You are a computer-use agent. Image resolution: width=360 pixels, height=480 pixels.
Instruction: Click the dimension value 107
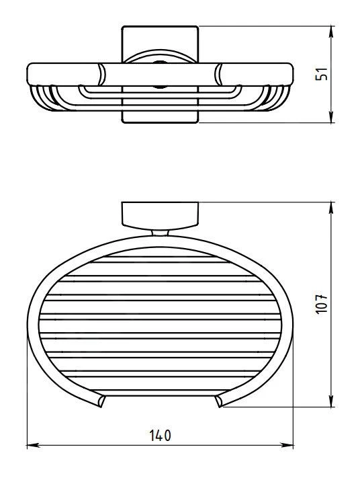[x=322, y=304]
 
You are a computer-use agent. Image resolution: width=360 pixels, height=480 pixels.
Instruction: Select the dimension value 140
[x=161, y=436]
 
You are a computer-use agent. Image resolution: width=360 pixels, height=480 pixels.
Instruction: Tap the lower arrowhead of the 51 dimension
[x=331, y=117]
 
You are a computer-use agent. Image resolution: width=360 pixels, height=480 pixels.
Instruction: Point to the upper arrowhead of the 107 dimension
[x=331, y=208]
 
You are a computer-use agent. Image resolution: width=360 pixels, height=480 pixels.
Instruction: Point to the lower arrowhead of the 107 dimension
[x=331, y=401]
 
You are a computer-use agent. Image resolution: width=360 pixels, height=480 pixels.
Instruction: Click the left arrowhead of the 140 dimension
[x=34, y=445]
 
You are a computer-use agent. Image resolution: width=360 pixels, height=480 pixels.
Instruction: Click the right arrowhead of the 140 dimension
[x=287, y=445]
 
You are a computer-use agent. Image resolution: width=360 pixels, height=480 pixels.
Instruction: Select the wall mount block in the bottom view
[x=160, y=216]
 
